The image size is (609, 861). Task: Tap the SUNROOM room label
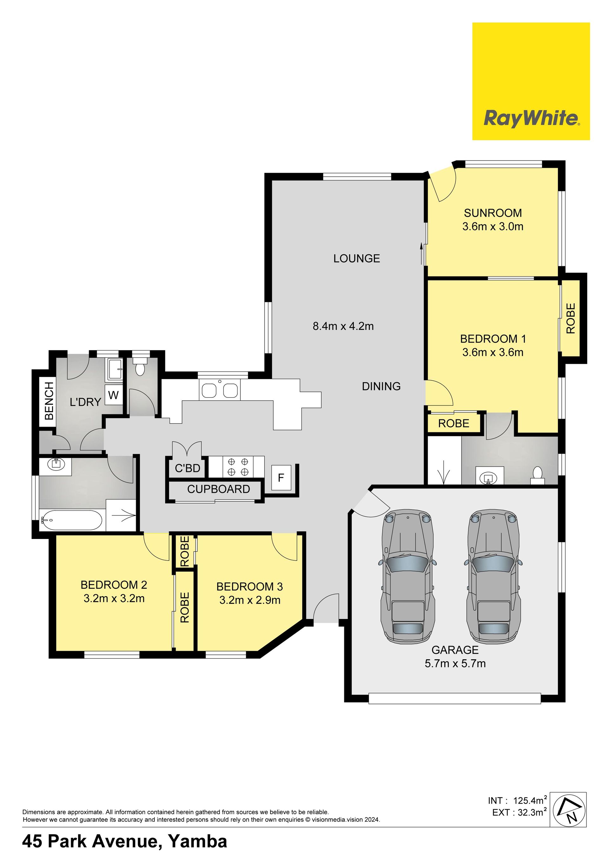click(493, 213)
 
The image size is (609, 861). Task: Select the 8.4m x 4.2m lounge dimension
click(343, 326)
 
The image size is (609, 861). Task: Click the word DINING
click(381, 386)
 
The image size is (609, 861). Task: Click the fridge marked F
click(281, 477)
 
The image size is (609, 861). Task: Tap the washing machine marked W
click(113, 395)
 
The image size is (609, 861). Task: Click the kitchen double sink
click(219, 390)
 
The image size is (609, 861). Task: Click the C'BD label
click(187, 468)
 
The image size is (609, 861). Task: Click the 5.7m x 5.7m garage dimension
click(455, 663)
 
